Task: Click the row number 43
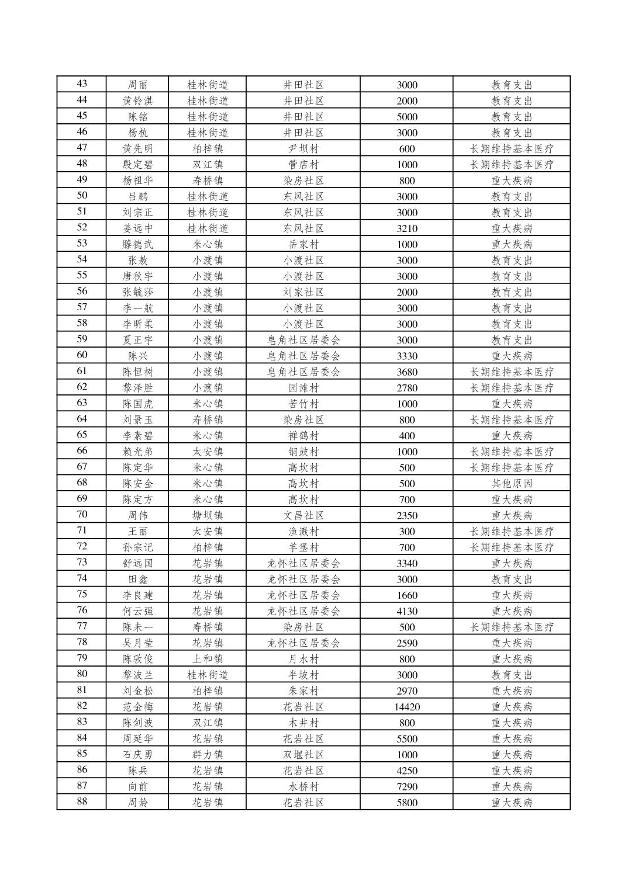coord(82,84)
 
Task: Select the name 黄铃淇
coord(137,100)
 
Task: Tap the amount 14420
coord(406,707)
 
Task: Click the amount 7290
coord(406,786)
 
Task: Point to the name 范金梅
coord(137,707)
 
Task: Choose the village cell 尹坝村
coord(303,148)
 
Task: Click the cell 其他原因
coord(512,483)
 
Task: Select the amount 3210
coord(406,228)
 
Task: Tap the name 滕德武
coord(137,244)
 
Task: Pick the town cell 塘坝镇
coord(208,515)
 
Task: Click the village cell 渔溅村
coord(303,531)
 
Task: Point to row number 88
coord(82,802)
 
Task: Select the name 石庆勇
coord(137,754)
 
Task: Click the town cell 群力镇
coord(208,754)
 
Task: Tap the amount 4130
coord(406,611)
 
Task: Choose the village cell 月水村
coord(303,659)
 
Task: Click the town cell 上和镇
coord(208,659)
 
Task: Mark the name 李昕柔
coord(137,324)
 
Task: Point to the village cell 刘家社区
coord(303,292)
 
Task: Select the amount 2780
coord(406,388)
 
